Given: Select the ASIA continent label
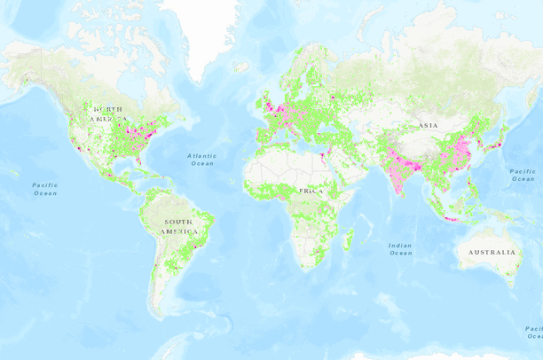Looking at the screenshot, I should tap(429, 126).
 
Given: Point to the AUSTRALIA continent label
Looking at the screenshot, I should tap(489, 253).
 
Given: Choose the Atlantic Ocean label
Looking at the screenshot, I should tap(201, 160).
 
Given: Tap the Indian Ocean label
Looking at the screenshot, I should tap(400, 249).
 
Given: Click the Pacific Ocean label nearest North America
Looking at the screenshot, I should tap(44, 189).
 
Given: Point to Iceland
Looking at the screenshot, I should tap(242, 67).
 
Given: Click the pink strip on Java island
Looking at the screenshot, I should tap(450, 218).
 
